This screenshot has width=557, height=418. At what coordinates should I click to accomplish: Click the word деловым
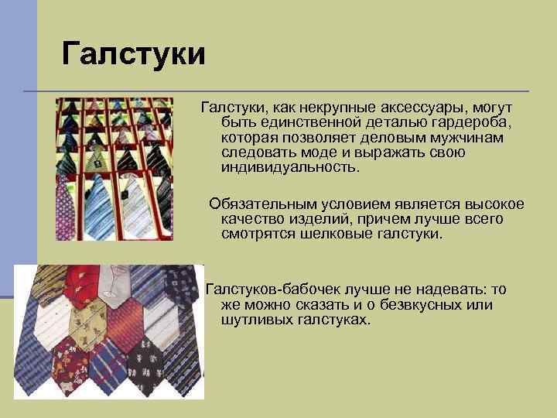pos(387,137)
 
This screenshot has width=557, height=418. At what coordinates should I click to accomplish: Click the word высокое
pos(494,204)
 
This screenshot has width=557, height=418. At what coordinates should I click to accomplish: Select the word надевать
pos(433,290)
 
